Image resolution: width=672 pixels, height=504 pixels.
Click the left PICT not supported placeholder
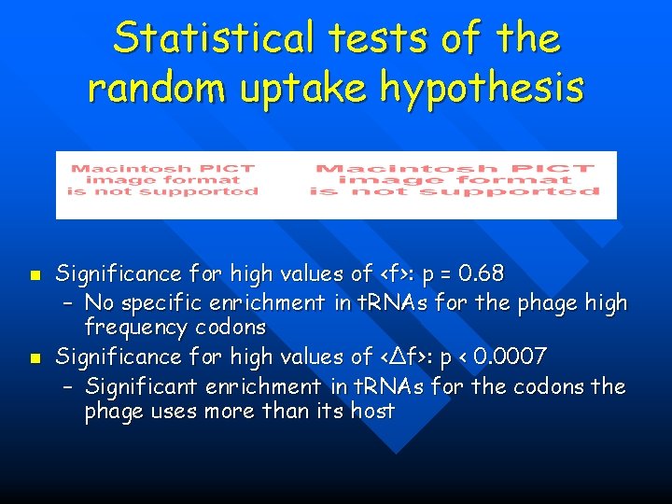coord(163,179)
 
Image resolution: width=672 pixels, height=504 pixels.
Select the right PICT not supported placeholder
coord(454,179)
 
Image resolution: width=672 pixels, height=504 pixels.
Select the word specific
coord(157,302)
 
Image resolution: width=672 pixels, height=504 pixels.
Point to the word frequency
coord(131,328)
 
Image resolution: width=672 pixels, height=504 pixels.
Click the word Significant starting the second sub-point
coord(144,385)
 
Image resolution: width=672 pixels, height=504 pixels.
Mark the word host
coord(372,411)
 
